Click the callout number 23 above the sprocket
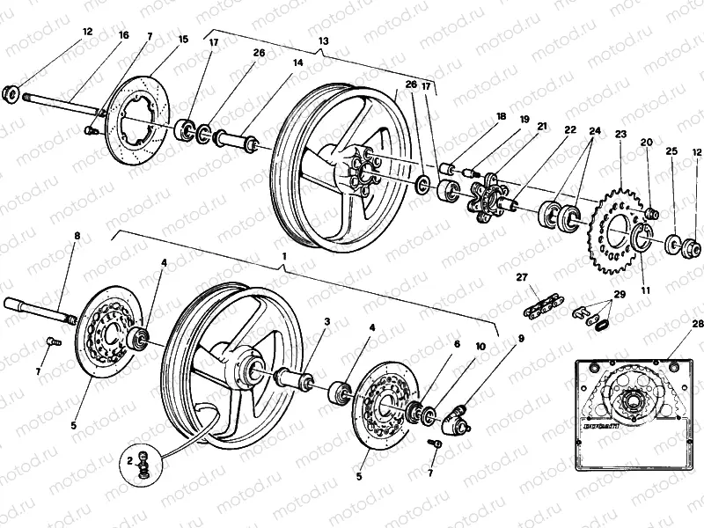point(620,135)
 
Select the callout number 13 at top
point(322,41)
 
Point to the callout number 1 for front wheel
point(283,254)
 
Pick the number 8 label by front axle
point(76,237)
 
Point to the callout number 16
point(123,35)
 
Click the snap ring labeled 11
point(642,238)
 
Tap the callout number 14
point(297,63)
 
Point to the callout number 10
point(480,346)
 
